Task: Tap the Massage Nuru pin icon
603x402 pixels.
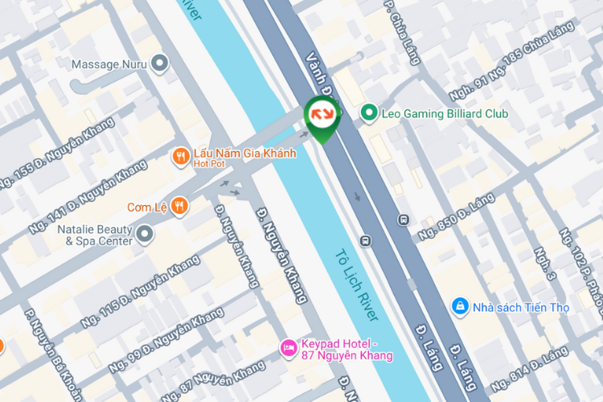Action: click(x=160, y=64)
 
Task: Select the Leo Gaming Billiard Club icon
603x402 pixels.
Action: click(x=369, y=113)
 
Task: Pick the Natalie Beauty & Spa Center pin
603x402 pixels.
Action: click(x=145, y=234)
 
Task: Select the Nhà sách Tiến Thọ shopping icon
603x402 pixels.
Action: click(x=460, y=306)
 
